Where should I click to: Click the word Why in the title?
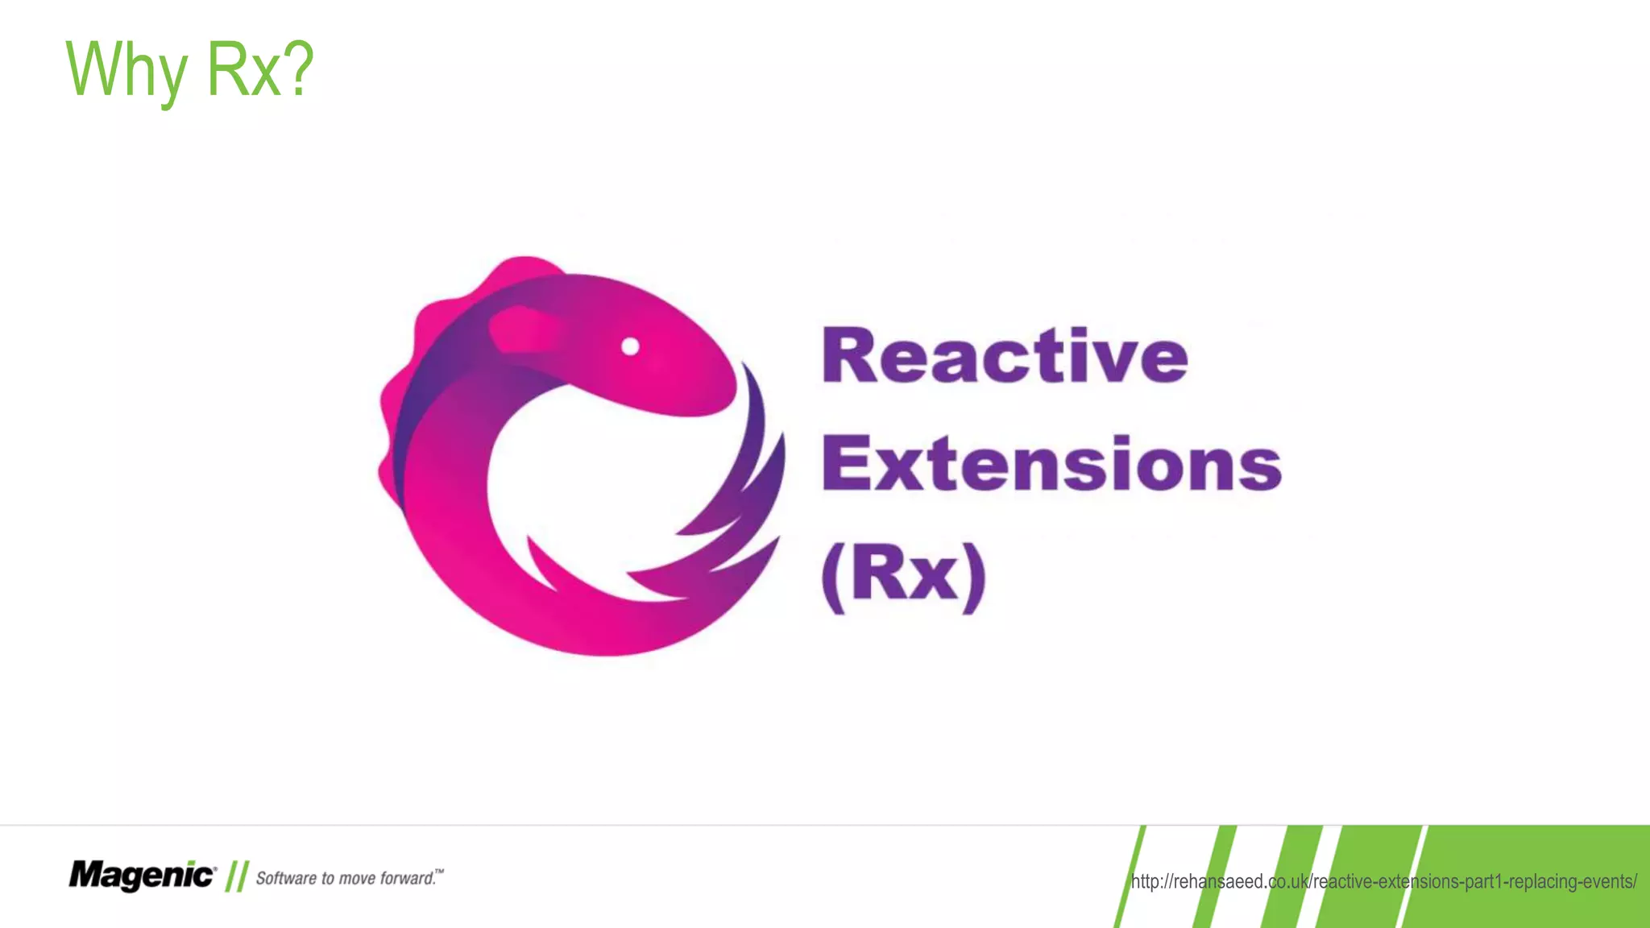tap(126, 71)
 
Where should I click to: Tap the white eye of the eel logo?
tap(630, 346)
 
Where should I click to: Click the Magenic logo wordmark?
tap(142, 875)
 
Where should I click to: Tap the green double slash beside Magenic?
tap(236, 876)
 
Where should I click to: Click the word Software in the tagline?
tap(286, 878)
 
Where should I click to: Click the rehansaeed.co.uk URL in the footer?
tap(1383, 881)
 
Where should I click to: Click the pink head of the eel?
tap(645, 354)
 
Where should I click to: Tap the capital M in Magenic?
tap(87, 875)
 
